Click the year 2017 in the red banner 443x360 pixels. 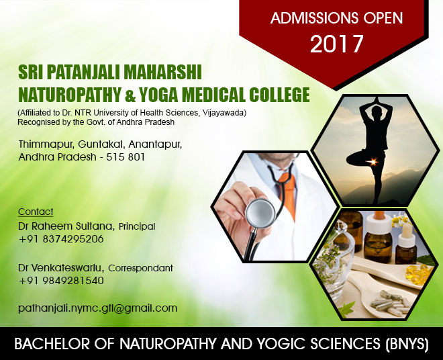coord(336,44)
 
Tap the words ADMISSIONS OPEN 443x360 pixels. coord(336,18)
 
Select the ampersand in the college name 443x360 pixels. coord(130,95)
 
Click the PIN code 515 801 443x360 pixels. coord(126,156)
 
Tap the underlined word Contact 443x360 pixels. coord(36,212)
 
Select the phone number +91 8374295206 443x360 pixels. coord(61,239)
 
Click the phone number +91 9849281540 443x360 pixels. coord(61,281)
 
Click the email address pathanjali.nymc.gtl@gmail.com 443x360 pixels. coord(97,308)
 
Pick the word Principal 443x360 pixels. coord(137,226)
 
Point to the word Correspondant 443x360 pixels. coord(140,268)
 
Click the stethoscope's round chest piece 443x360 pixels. coord(260,213)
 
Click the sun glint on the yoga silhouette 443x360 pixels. coord(373,162)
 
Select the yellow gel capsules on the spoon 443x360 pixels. coord(418,273)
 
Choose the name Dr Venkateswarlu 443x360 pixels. coord(61,267)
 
